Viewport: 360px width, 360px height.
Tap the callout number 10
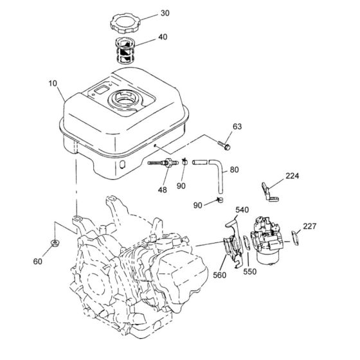[53, 84]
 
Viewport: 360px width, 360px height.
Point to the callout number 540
[242, 210]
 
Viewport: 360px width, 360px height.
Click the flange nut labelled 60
[55, 243]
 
